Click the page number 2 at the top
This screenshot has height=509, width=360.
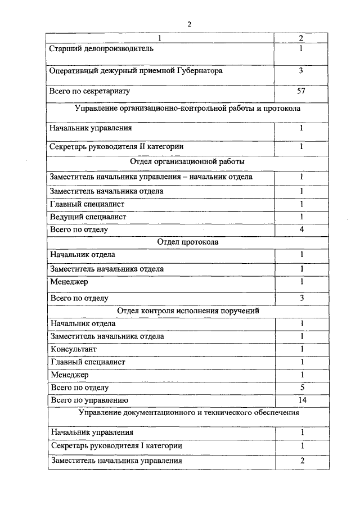tap(190, 24)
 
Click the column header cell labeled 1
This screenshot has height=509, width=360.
tap(160, 38)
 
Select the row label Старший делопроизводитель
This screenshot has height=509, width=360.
tap(102, 48)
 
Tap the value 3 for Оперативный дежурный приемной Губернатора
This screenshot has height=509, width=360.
tap(301, 71)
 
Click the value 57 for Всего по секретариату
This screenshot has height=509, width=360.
tap(301, 91)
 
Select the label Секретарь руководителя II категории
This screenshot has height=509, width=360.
tap(116, 147)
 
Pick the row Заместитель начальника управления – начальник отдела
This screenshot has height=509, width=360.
tap(151, 177)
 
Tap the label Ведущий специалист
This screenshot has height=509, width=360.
tap(88, 217)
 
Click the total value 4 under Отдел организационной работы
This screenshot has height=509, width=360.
tap(301, 229)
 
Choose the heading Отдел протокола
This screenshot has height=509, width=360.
tap(187, 242)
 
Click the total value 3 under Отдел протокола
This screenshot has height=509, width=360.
tap(301, 298)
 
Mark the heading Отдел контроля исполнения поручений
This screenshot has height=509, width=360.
tap(188, 310)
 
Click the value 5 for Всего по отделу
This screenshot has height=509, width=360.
tap(301, 387)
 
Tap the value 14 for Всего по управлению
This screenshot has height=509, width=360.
tap(301, 400)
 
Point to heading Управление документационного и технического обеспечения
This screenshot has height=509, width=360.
tap(188, 413)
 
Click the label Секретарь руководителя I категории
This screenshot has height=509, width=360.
tap(116, 445)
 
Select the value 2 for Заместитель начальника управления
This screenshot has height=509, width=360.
tap(301, 460)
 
